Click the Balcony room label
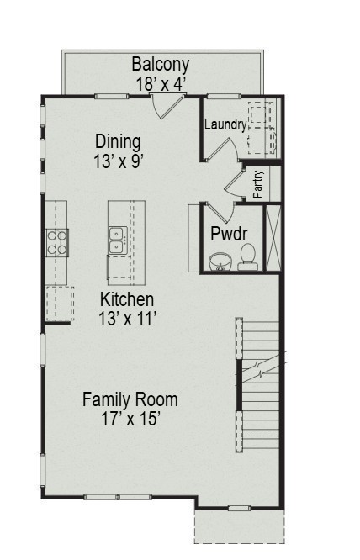161,64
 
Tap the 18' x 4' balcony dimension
161,83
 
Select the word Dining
118,141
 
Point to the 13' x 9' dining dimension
118,161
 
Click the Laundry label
225,125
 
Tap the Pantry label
258,184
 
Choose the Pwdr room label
229,233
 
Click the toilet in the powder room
248,256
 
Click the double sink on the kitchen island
117,240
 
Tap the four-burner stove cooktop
57,242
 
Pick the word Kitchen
127,299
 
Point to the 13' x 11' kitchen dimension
127,319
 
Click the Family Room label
130,399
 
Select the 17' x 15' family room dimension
130,418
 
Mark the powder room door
217,211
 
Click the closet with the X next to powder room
273,236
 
